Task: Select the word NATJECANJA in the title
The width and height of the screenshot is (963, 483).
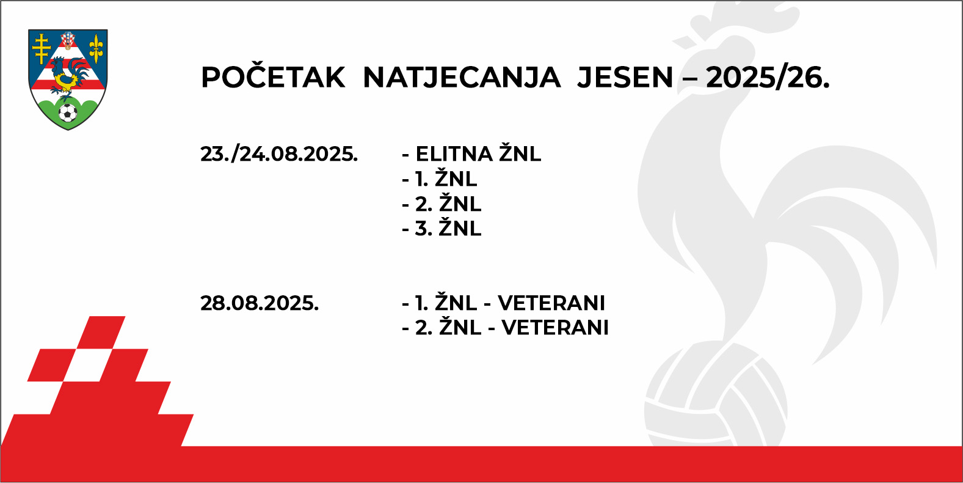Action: (x=462, y=78)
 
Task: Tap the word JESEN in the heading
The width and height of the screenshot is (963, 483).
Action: (x=625, y=78)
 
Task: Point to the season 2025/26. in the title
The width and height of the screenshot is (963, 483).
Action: (x=768, y=78)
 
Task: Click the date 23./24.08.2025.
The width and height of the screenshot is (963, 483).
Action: (x=279, y=154)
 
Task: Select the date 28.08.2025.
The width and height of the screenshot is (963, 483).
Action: (x=260, y=303)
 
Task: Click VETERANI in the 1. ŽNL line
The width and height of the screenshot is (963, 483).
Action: (x=551, y=303)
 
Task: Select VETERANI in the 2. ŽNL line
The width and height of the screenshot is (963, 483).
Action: (x=556, y=328)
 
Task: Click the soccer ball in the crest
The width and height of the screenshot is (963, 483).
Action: (x=68, y=112)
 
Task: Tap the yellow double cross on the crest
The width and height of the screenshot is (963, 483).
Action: (x=42, y=48)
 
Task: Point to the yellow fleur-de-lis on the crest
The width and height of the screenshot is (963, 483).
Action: (x=96, y=49)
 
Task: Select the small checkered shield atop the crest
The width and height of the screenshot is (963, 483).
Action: (x=68, y=40)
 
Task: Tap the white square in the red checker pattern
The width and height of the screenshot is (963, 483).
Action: (x=88, y=365)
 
